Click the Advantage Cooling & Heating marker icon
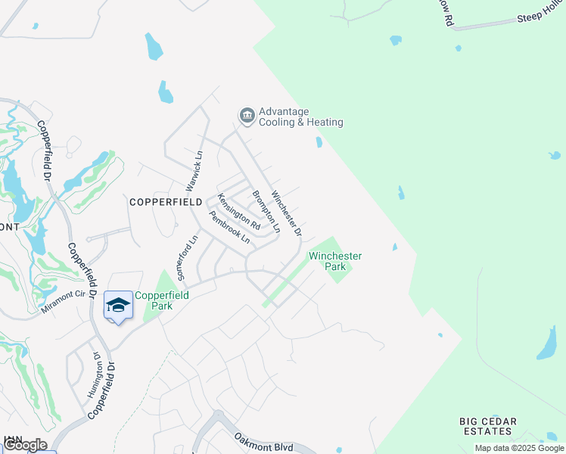click(x=247, y=116)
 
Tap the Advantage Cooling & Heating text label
click(x=301, y=117)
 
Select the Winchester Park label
click(x=334, y=261)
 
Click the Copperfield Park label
click(x=154, y=300)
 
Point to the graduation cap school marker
click(x=118, y=305)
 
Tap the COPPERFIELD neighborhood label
click(x=166, y=202)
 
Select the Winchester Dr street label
click(x=288, y=212)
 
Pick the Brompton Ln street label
click(x=266, y=210)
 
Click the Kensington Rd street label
click(x=238, y=212)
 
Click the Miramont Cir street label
click(x=64, y=299)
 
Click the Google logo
click(x=25, y=445)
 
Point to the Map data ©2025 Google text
click(x=519, y=448)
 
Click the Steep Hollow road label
click(x=540, y=18)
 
